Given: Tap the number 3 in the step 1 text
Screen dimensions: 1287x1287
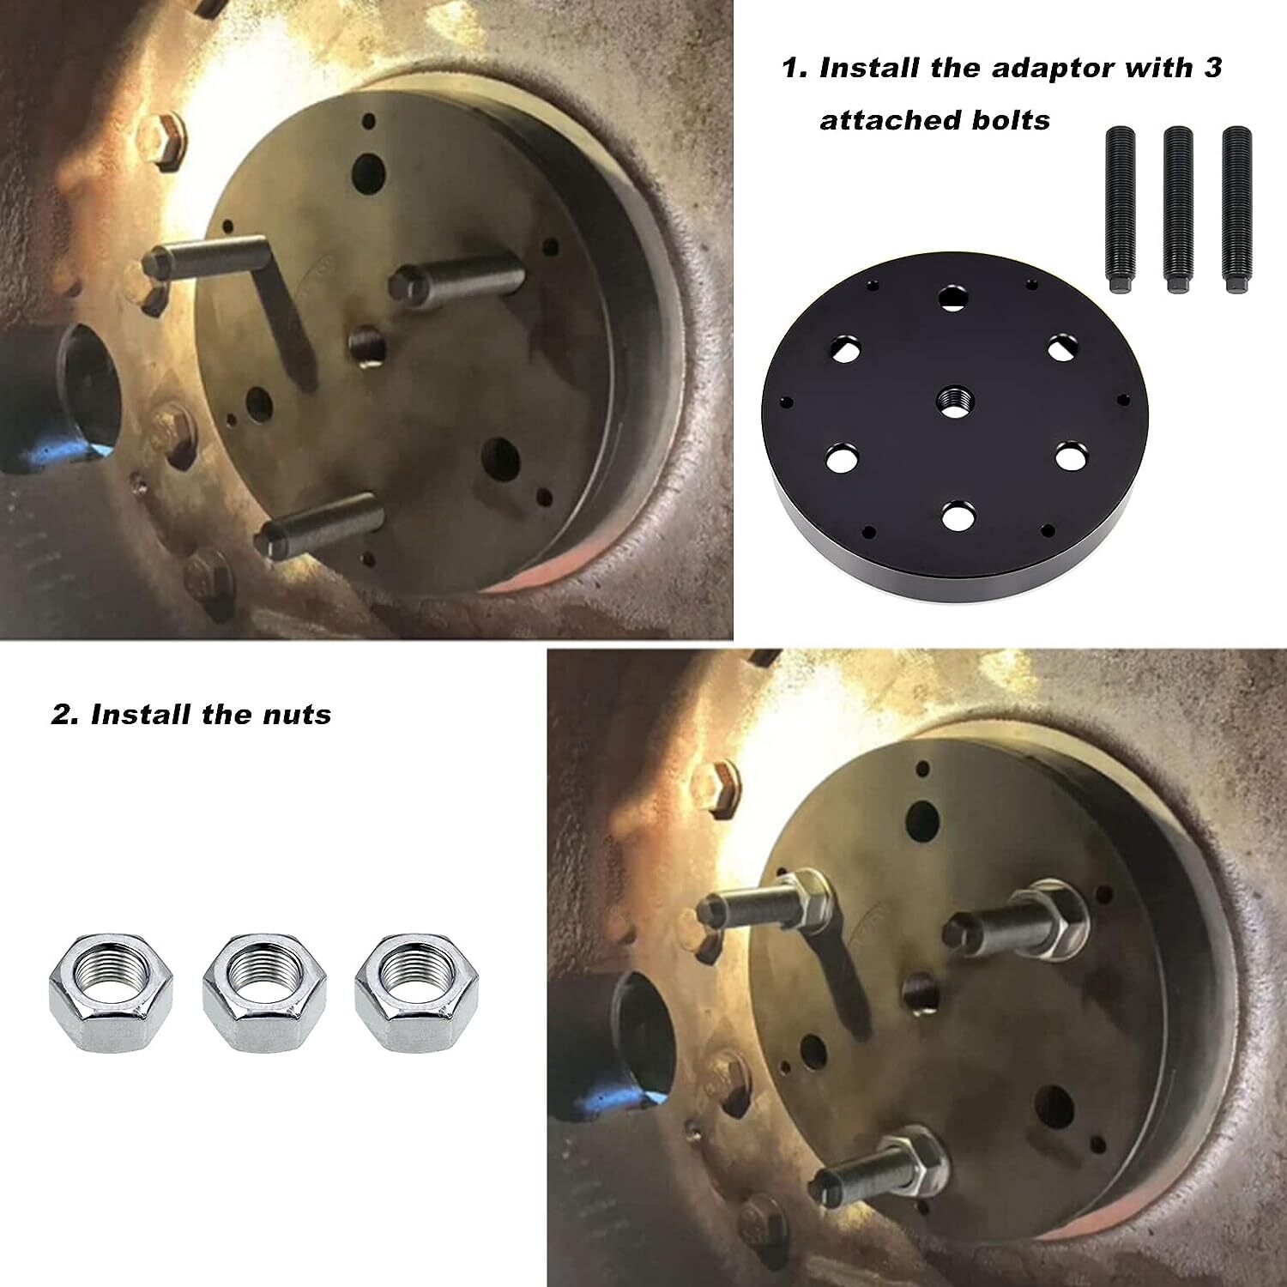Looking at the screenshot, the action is click(1211, 68).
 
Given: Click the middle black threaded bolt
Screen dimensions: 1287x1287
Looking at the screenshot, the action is click(1178, 210).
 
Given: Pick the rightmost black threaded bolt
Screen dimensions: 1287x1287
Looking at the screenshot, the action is click(1236, 210).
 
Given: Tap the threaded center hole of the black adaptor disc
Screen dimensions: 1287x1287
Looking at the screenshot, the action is click(952, 401).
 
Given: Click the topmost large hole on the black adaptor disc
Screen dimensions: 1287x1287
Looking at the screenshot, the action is click(952, 298).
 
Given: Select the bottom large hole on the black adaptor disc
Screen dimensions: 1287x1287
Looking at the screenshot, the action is click(958, 517).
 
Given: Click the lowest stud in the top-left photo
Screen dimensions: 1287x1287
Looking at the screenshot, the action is click(319, 527).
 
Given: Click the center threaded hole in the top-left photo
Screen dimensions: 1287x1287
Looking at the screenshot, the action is click(366, 347).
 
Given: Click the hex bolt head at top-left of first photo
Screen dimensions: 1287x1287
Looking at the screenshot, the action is click(161, 140).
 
